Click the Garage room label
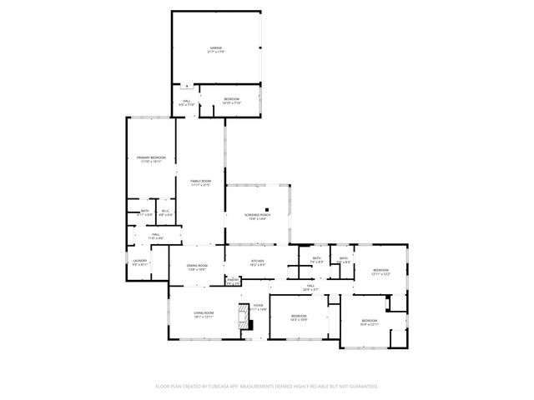pyautogui.click(x=216, y=48)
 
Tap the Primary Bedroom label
pyautogui.click(x=151, y=157)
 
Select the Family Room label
pyautogui.click(x=200, y=181)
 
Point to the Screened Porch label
pyautogui.click(x=255, y=215)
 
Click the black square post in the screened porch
pyautogui.click(x=267, y=209)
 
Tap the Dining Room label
pyautogui.click(x=197, y=265)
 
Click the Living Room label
pyautogui.click(x=204, y=312)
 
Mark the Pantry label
pyautogui.click(x=234, y=280)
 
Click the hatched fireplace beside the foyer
pyautogui.click(x=243, y=317)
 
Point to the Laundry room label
pyautogui.click(x=139, y=261)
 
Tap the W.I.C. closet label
pyautogui.click(x=165, y=211)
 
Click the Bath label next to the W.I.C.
pyautogui.click(x=144, y=211)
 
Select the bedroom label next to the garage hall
pyautogui.click(x=232, y=100)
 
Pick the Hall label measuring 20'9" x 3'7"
pyautogui.click(x=310, y=288)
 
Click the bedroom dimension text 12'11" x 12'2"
pyautogui.click(x=380, y=273)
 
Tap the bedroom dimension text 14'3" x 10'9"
pyautogui.click(x=299, y=319)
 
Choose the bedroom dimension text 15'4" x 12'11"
pyautogui.click(x=369, y=324)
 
